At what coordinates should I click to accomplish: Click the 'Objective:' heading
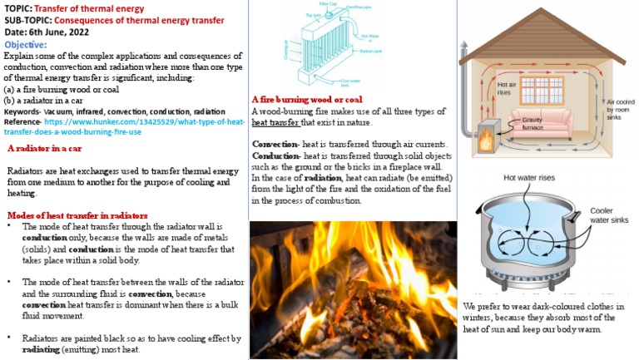click(x=26, y=44)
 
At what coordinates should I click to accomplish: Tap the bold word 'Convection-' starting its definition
click(x=275, y=144)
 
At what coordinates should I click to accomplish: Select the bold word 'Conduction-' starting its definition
click(x=275, y=155)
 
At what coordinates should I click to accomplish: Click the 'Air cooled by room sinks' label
click(x=621, y=108)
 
